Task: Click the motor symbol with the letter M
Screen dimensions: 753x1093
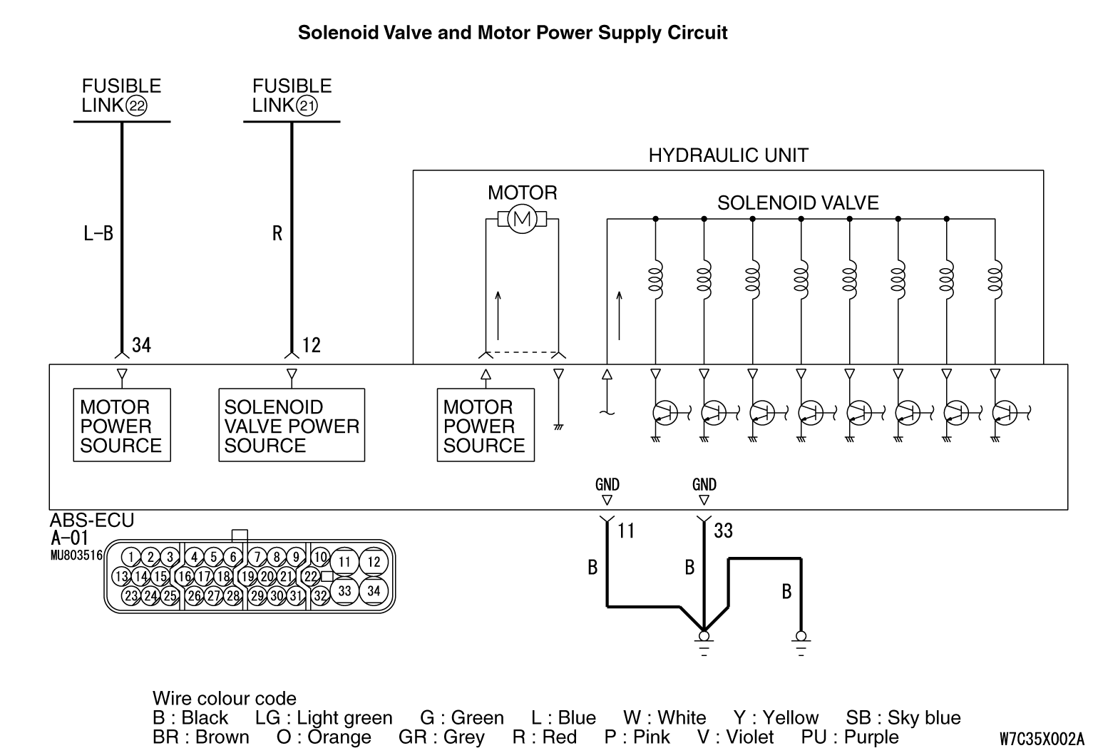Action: (x=523, y=219)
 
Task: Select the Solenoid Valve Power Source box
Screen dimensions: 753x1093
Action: (x=291, y=426)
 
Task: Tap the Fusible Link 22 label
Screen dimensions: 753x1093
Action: (x=121, y=96)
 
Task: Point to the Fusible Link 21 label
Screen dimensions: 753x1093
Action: (x=292, y=96)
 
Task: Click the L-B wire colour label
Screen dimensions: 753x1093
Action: (x=98, y=233)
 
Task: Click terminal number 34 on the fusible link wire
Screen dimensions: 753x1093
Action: (x=142, y=345)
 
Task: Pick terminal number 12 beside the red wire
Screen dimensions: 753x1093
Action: (x=312, y=345)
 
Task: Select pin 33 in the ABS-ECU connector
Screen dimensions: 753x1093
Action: (x=344, y=590)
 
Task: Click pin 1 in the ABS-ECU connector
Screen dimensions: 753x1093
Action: (x=130, y=557)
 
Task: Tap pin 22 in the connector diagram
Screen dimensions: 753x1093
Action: (x=311, y=576)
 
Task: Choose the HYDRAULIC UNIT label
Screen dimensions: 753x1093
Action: (x=728, y=155)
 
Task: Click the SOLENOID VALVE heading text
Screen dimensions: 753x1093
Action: (x=798, y=203)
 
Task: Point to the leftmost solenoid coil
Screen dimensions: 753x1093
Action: (x=655, y=280)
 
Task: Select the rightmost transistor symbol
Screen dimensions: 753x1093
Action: (x=1003, y=412)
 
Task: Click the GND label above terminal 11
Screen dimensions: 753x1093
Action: (x=607, y=485)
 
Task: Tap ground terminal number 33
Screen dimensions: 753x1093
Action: (x=723, y=531)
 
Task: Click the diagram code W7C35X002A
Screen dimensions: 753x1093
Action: (x=1041, y=739)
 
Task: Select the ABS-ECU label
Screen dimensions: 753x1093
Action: (x=92, y=521)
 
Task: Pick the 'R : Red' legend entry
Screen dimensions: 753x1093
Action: (x=545, y=737)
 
